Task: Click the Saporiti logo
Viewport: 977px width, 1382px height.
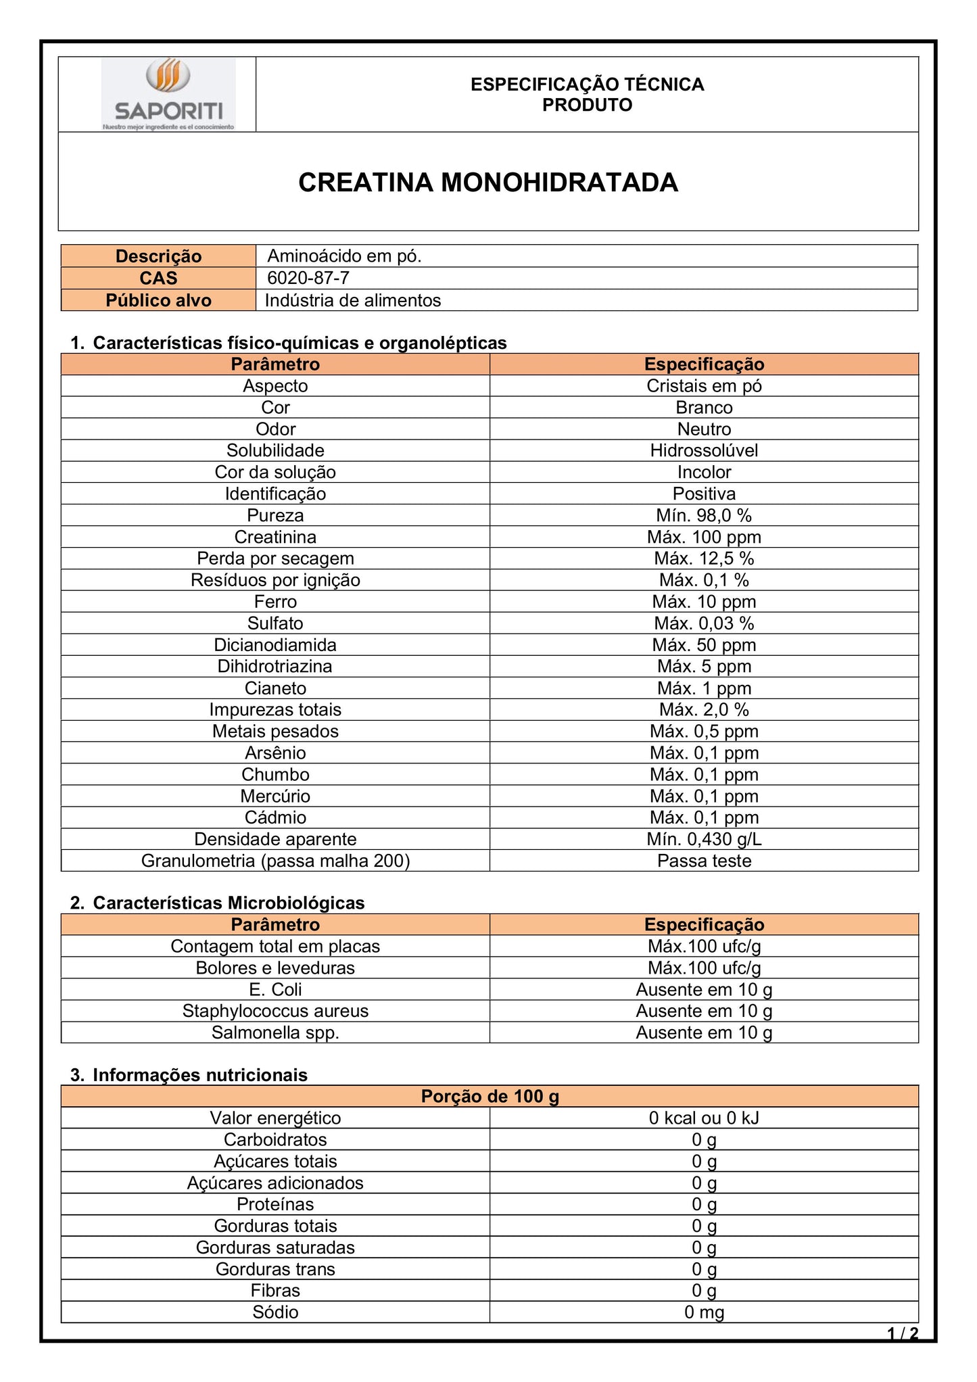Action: coord(168,94)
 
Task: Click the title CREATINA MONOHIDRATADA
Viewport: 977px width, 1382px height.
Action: coord(487,183)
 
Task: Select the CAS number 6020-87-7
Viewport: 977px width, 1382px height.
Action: coord(308,278)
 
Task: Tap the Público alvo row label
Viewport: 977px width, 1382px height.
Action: coord(158,300)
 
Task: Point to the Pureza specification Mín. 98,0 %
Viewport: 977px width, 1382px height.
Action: coord(703,515)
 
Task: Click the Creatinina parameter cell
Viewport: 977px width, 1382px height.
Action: coord(275,537)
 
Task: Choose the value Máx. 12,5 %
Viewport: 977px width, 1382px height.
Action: coord(703,558)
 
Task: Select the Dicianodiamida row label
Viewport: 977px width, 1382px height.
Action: coord(275,645)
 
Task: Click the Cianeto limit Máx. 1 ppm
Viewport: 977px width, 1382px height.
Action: coord(703,688)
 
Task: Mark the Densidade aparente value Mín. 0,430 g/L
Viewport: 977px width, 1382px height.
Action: coord(703,839)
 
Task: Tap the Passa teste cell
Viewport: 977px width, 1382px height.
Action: coord(703,861)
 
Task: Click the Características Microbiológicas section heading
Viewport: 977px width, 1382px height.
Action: coord(228,903)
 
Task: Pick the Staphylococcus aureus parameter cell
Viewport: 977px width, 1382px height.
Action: coord(275,1011)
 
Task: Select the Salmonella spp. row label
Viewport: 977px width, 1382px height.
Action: coord(275,1032)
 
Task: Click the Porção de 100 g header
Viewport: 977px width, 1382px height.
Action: coord(490,1096)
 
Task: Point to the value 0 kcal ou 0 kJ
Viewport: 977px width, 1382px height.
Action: coord(703,1118)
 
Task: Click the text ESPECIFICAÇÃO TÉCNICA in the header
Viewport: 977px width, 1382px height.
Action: coord(587,85)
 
